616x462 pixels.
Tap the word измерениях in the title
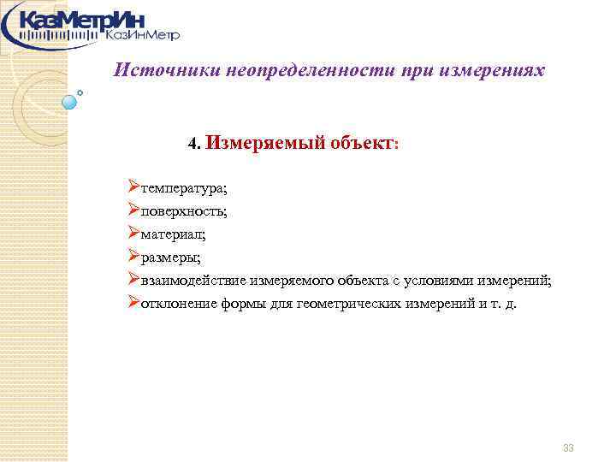(493, 70)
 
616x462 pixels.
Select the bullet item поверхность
(184, 210)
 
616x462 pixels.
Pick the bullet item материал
(174, 233)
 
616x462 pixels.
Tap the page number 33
(568, 448)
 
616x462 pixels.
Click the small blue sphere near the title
(70, 101)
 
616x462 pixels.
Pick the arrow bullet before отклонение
(133, 301)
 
